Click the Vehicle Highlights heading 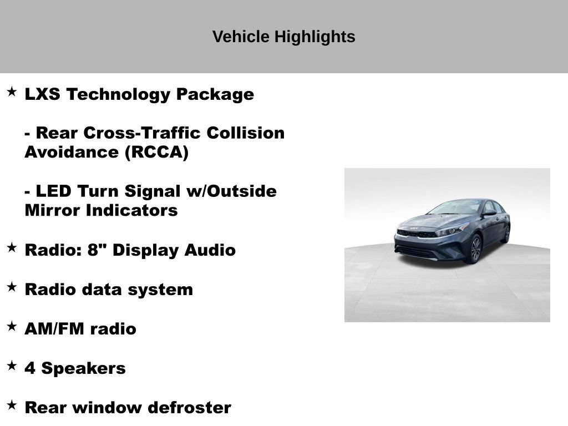pos(283,37)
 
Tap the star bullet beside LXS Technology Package pos(12,92)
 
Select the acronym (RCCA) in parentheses pos(156,153)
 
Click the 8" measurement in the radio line pos(98,250)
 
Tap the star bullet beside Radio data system pos(12,287)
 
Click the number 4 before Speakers pos(30,368)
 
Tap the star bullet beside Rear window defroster pos(12,405)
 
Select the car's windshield pos(455,207)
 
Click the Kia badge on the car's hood pos(415,228)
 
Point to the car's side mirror pos(489,212)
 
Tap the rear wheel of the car pos(505,234)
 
